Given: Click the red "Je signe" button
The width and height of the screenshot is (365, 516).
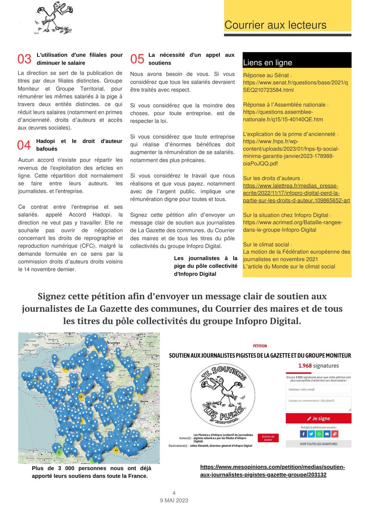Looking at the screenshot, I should pyautogui.click(x=318, y=418).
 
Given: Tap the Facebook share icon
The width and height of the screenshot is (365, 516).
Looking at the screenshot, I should pyautogui.click(x=303, y=434).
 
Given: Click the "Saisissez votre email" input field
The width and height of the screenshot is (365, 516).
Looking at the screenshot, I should pyautogui.click(x=318, y=390).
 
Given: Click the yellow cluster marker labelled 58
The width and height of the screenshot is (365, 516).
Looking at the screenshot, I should pyautogui.click(x=81, y=396).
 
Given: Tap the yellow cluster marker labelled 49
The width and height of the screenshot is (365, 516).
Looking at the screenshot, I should pyautogui.click(x=116, y=450).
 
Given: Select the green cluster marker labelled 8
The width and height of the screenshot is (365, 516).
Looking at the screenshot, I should pyautogui.click(x=59, y=452).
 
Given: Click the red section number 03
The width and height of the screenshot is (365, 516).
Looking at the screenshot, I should pyautogui.click(x=24, y=59).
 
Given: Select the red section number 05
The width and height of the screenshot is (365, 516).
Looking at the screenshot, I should pyautogui.click(x=137, y=59).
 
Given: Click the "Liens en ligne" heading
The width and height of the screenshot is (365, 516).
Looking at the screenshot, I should pyautogui.click(x=267, y=63).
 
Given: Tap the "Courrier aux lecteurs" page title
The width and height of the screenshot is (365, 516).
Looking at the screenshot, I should pyautogui.click(x=275, y=25).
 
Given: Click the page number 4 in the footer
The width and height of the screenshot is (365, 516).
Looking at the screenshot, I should pyautogui.click(x=174, y=493).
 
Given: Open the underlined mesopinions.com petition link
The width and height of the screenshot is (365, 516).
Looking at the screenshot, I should pyautogui.click(x=272, y=471).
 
